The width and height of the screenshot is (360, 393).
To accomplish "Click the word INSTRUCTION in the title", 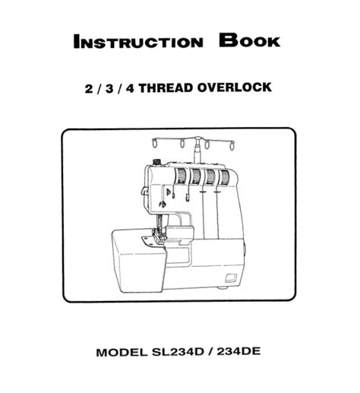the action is point(138,42).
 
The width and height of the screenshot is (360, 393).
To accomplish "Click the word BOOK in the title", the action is point(250,40).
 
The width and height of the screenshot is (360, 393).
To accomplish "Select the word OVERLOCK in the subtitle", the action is point(234,87).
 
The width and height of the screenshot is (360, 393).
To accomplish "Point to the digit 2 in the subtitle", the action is point(89,89).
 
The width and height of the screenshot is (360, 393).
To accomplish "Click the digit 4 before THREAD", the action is point(130,89).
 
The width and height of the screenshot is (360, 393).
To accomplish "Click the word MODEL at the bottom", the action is point(122,352).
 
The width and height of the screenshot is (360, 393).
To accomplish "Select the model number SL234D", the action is point(178,352).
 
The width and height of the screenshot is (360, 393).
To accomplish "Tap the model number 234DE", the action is point(238,351).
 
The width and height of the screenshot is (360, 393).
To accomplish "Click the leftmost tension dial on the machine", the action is point(180,176).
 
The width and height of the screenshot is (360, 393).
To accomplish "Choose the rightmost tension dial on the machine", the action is point(224,176).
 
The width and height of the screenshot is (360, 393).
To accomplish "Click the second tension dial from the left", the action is point(195,176).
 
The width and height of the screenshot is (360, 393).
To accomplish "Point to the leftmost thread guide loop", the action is point(155,144).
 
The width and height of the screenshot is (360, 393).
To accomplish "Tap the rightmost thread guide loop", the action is point(232,144).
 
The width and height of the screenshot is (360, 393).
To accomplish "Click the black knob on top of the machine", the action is point(157,162).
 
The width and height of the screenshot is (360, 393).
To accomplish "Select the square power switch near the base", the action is point(231,277).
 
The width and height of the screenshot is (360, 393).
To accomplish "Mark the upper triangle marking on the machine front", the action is point(168,192).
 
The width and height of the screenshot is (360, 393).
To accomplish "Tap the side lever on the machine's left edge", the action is point(144,191).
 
